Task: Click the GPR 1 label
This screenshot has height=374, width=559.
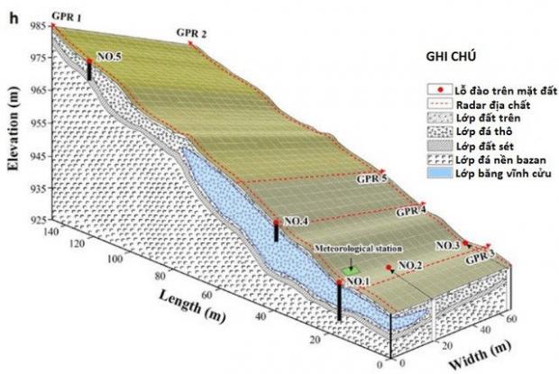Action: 66,17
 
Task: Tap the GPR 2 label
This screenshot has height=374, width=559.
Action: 191,33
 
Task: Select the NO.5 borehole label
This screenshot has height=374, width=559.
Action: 109,57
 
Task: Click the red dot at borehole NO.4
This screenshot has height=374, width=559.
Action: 276,223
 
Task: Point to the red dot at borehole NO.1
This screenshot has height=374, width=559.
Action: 339,282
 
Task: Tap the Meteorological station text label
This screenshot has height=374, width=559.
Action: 358,248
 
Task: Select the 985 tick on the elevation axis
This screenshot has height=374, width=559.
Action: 42,25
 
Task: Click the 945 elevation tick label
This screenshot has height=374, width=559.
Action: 42,156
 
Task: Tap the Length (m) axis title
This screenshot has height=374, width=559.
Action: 192,306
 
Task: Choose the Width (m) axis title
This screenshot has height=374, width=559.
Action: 480,354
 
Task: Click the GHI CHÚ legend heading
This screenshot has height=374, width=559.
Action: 451,57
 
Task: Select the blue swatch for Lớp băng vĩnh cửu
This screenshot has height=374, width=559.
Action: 440,173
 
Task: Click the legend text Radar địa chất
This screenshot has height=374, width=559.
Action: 493,105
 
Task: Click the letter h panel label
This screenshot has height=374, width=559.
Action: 14,19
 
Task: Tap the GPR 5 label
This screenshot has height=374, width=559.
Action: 371,178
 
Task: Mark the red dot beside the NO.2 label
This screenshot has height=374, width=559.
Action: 389,267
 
